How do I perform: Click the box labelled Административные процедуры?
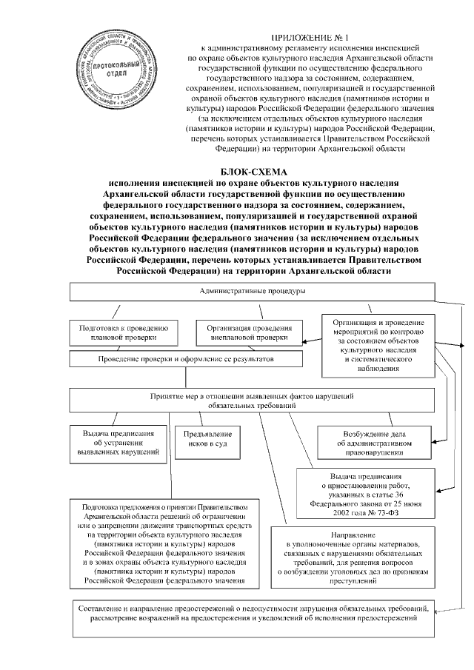coord(252,292)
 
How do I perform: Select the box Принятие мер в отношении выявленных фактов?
coord(252,401)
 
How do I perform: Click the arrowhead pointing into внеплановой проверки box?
coord(308,341)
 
